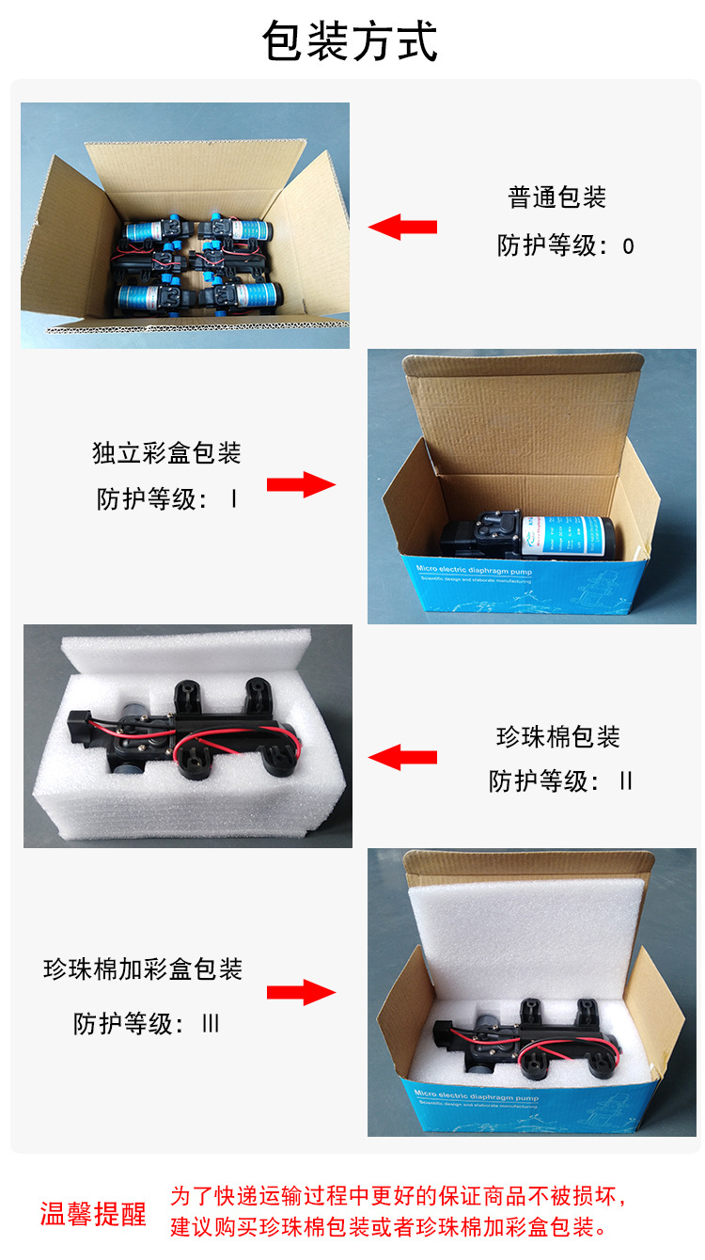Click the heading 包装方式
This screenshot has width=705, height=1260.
[x=351, y=42]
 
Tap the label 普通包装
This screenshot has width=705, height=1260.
[x=557, y=197]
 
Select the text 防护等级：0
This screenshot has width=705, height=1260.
[x=566, y=246]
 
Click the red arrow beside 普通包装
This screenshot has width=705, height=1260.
[x=402, y=227]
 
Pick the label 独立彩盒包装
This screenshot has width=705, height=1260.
[x=166, y=452]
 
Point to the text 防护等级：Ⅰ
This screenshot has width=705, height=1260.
[x=166, y=498]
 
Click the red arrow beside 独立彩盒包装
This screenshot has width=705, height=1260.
[x=301, y=485]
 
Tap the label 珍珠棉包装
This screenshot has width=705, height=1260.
[x=558, y=736]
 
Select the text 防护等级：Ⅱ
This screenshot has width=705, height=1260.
[x=561, y=781]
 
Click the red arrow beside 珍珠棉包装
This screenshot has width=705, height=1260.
[x=402, y=757]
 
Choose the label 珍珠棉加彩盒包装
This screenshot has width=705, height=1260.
[x=143, y=969]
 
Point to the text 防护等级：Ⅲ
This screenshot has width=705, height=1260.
[x=147, y=1023]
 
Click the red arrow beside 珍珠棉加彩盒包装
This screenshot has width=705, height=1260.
[x=301, y=993]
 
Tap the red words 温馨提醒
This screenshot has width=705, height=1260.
[x=93, y=1214]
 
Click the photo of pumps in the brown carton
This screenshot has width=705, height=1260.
[x=185, y=226]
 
